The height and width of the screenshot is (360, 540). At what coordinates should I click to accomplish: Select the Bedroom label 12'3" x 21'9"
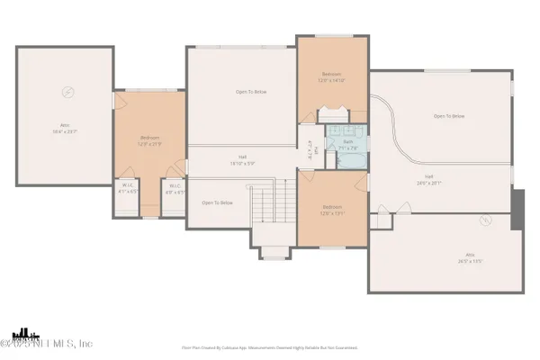148,141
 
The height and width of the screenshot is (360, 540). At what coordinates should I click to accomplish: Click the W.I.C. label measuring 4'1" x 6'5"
129,189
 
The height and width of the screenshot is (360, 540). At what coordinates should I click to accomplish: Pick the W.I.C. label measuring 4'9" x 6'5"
173,189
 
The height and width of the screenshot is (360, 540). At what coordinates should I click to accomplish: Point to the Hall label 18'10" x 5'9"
242,159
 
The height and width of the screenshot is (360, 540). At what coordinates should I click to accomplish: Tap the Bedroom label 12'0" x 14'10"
332,78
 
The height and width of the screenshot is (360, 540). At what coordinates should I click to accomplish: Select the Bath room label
348,144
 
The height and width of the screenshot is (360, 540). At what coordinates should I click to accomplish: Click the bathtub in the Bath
350,160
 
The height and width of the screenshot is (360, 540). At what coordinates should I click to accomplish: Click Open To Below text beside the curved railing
449,116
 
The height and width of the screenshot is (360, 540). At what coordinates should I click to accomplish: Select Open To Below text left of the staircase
217,202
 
